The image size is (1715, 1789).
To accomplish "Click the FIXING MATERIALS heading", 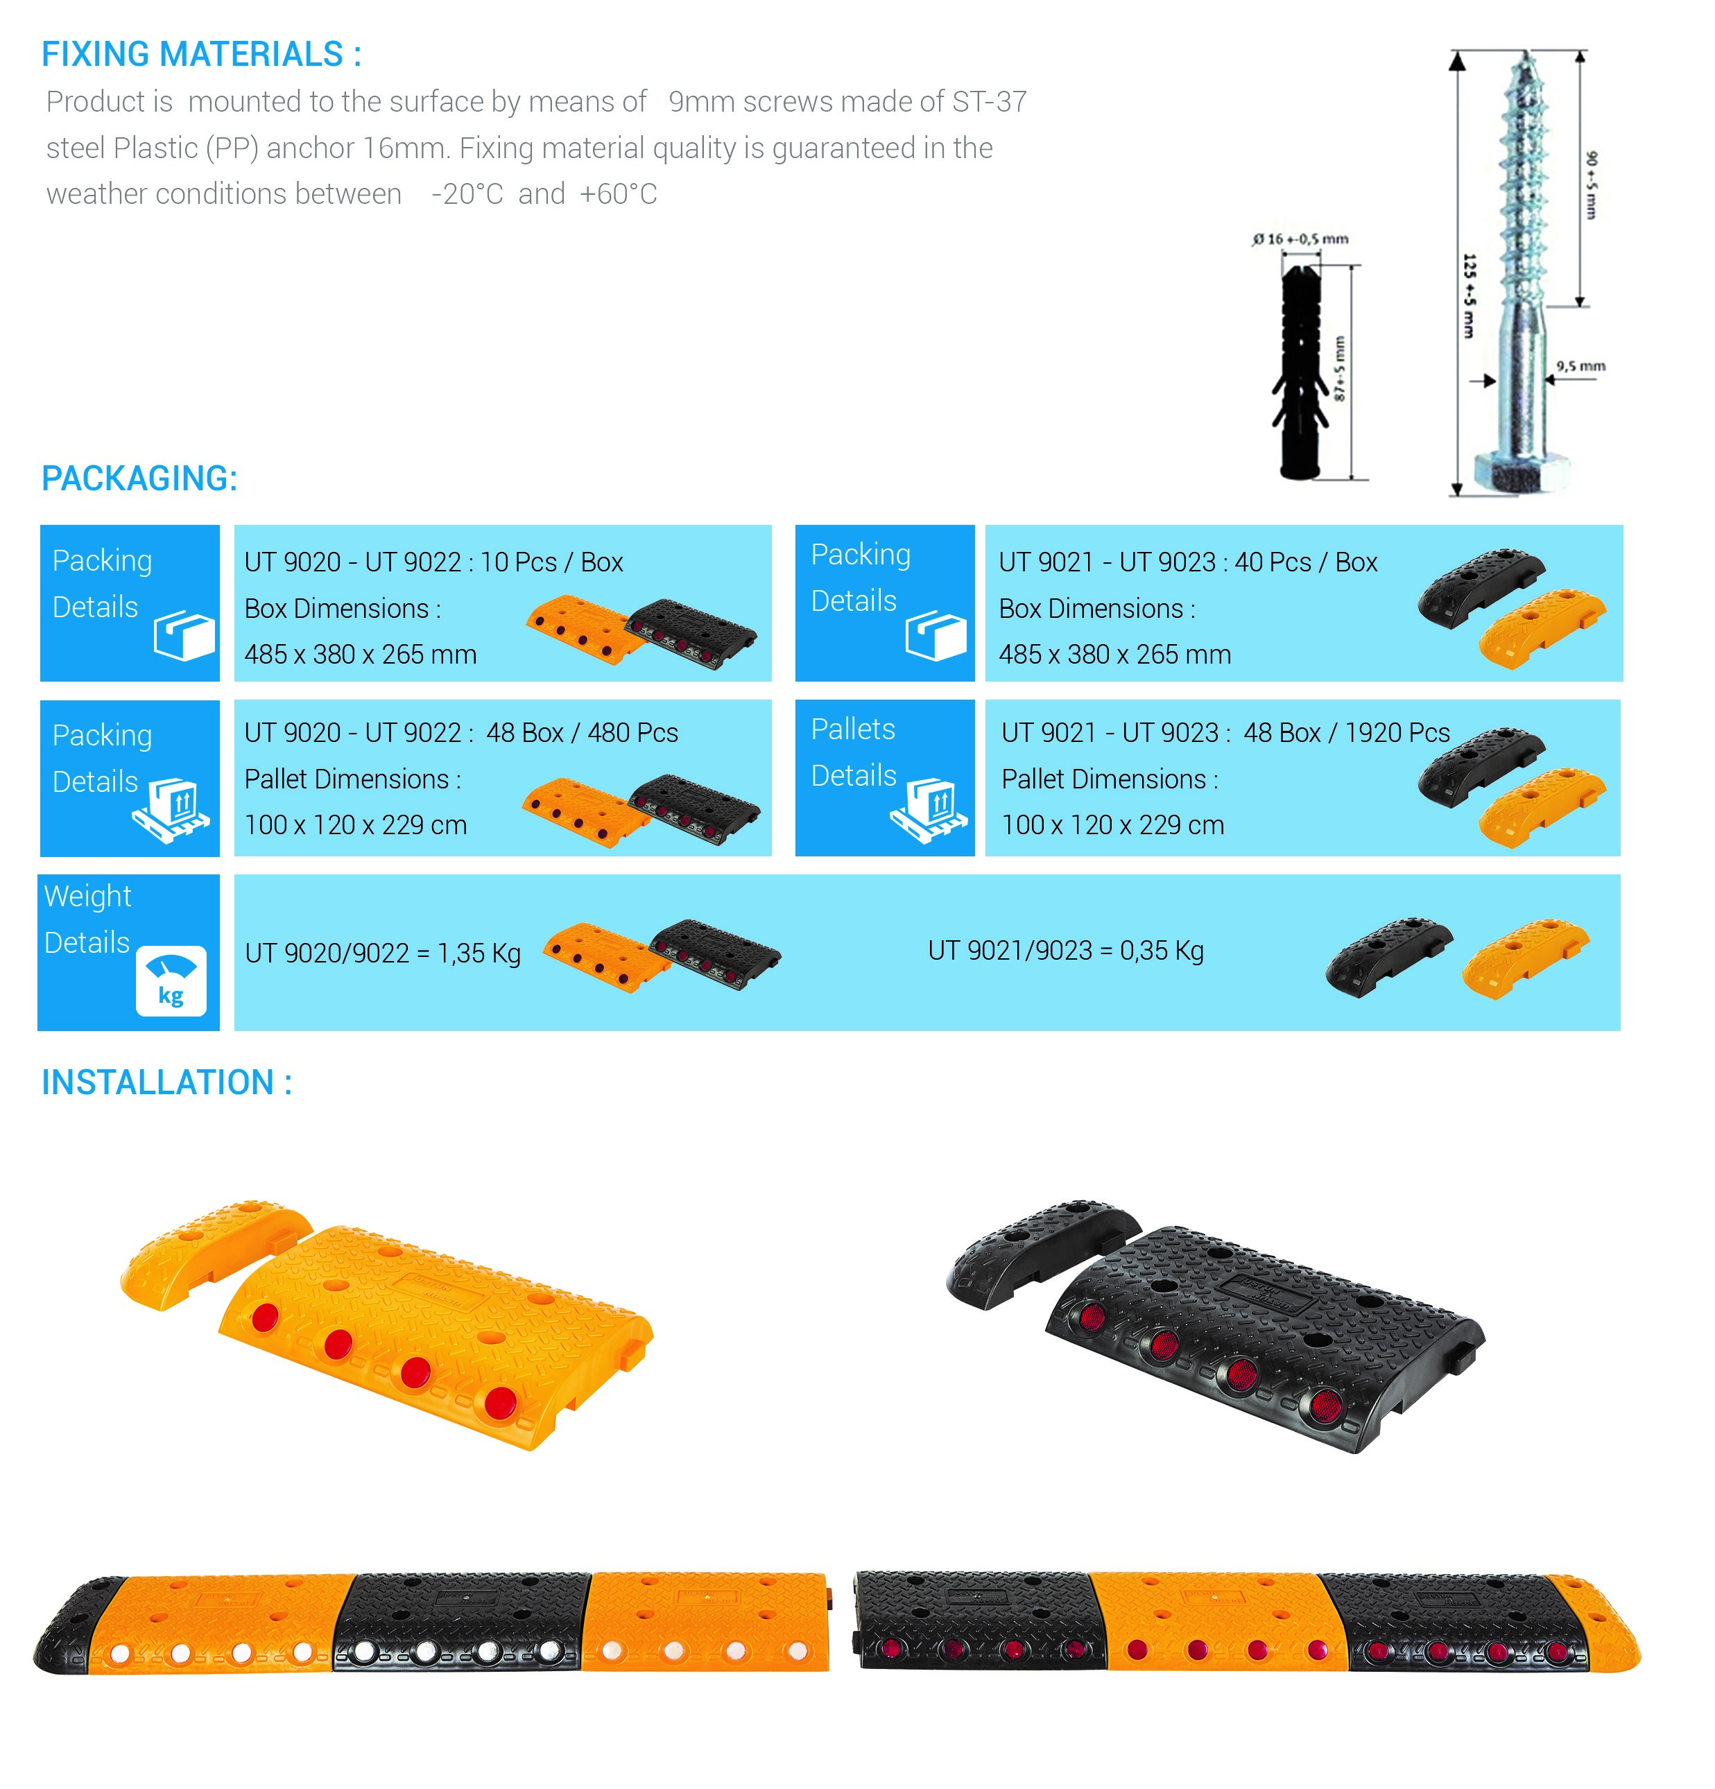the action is coord(201,54).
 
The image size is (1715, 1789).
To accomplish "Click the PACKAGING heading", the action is coord(139,478).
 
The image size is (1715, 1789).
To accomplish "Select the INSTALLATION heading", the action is coord(166,1082).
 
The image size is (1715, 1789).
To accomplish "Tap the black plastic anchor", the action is coord(1300,370).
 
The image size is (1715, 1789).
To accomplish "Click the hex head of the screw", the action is coord(1521,473).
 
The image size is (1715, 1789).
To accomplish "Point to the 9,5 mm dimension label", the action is coord(1580,366).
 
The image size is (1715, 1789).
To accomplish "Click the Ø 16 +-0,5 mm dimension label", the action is coord(1300,239).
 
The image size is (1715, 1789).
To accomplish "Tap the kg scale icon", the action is coord(171,981).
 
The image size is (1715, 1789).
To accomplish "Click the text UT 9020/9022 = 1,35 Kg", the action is coord(382,953).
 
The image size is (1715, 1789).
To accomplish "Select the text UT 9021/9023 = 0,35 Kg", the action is coord(1065,950).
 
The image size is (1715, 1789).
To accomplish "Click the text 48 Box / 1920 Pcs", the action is coord(1345,732).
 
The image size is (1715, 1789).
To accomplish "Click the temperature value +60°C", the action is coord(618,193).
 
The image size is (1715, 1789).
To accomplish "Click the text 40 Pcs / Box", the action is coord(1305,562).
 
